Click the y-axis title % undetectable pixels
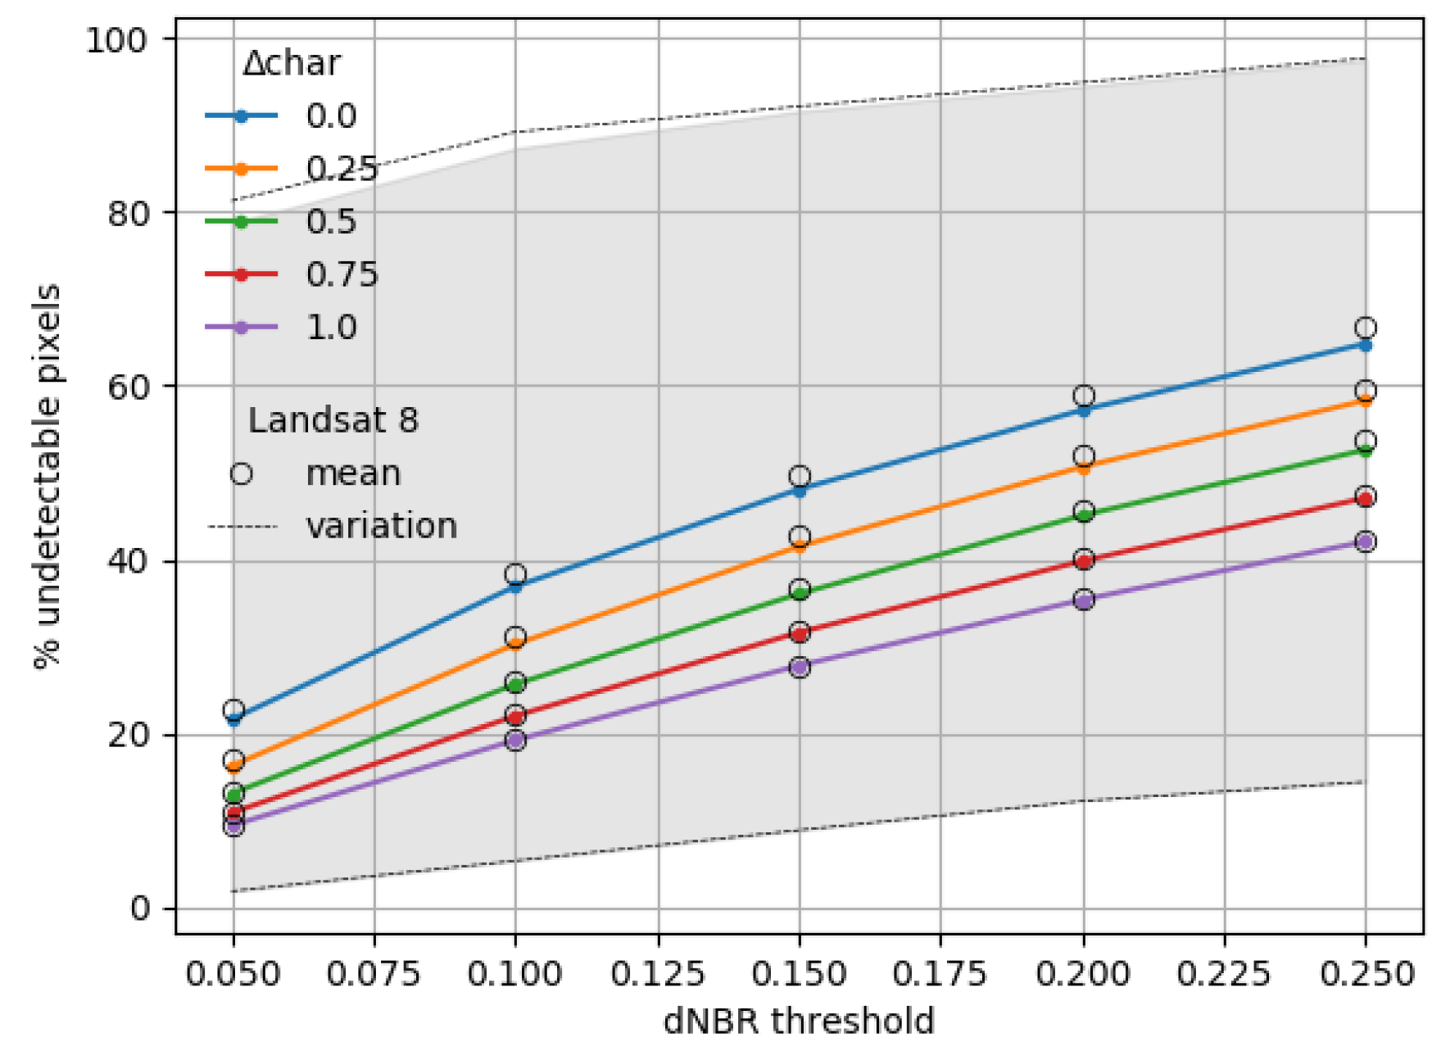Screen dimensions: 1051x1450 point(48,476)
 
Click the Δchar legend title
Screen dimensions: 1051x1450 point(292,64)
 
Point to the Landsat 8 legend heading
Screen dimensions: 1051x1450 point(333,420)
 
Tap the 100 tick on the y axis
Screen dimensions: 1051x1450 point(116,39)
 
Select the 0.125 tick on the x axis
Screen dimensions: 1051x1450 point(658,974)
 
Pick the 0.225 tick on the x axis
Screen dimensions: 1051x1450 point(1224,974)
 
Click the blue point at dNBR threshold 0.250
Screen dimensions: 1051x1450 point(1365,345)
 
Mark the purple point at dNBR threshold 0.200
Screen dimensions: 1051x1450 point(1083,600)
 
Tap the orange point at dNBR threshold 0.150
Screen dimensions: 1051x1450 point(800,546)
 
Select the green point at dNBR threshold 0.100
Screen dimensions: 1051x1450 point(515,682)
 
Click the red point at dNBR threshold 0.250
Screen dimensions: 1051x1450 point(1365,498)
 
